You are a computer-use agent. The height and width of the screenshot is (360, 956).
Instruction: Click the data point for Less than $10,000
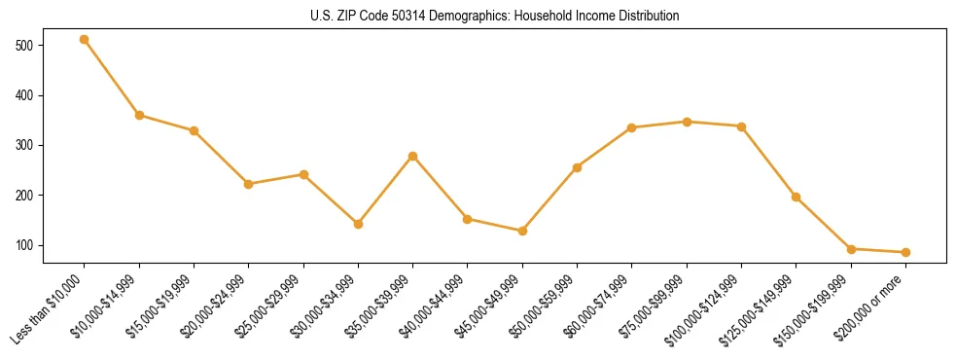(x=85, y=40)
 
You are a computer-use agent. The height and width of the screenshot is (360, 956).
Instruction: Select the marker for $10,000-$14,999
(x=139, y=115)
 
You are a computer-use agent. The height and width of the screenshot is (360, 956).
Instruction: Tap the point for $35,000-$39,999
(x=413, y=156)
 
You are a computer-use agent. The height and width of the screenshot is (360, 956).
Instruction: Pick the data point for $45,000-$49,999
(x=523, y=231)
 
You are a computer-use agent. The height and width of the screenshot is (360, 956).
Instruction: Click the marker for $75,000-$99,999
(x=687, y=122)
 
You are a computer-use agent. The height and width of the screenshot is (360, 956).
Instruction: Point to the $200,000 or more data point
(x=906, y=252)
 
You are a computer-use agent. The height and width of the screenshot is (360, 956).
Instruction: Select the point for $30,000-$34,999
(x=359, y=224)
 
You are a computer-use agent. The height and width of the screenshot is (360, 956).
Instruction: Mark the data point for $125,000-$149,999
(x=797, y=197)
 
